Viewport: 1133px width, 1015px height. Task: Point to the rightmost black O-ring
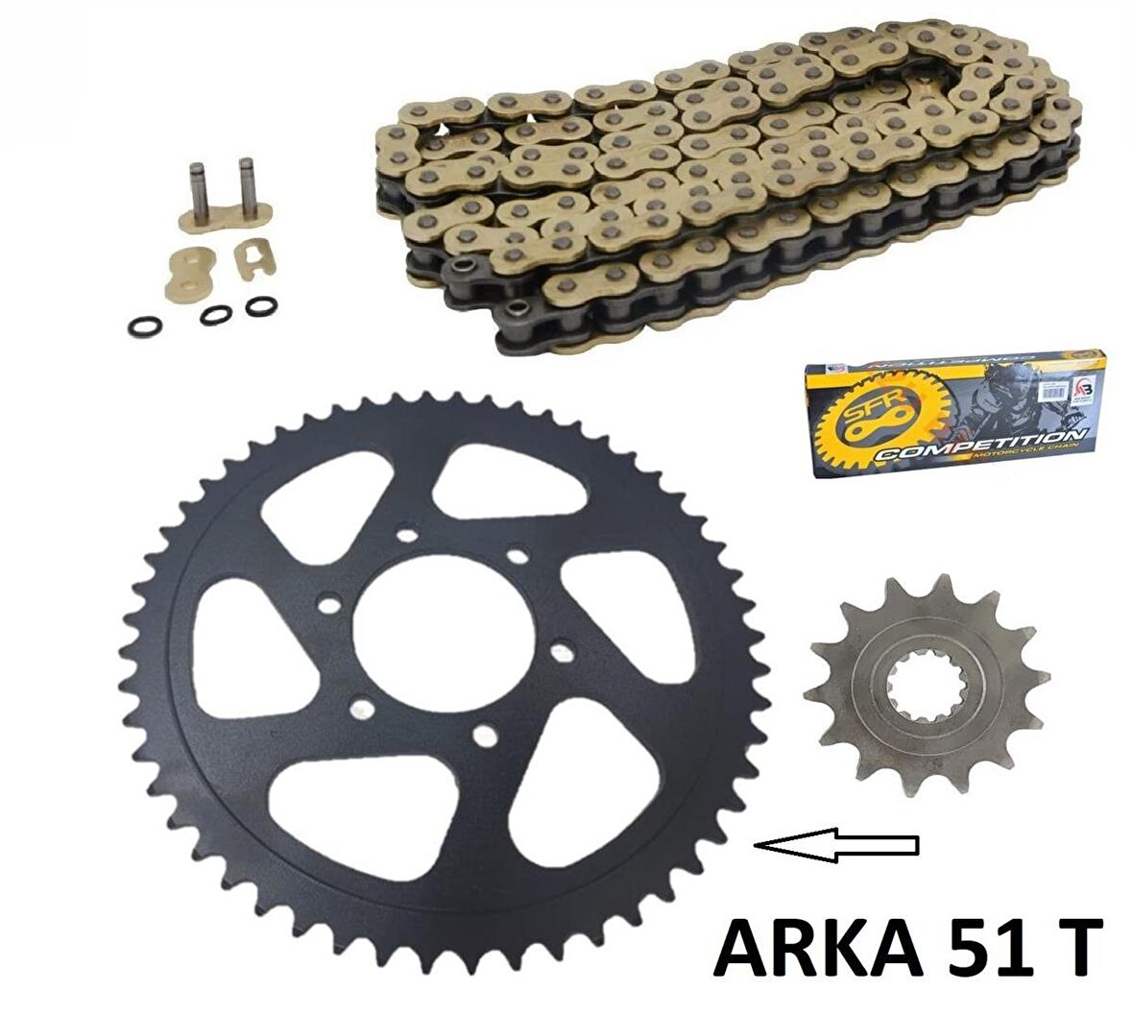click(257, 306)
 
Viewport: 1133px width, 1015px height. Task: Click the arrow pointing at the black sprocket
click(836, 844)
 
